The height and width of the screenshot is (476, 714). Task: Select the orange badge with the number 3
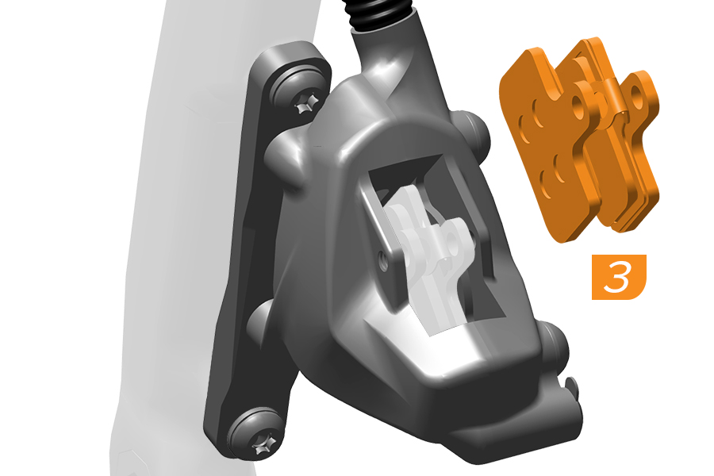tap(619, 277)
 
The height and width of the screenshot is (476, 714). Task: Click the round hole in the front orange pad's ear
tap(578, 101)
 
